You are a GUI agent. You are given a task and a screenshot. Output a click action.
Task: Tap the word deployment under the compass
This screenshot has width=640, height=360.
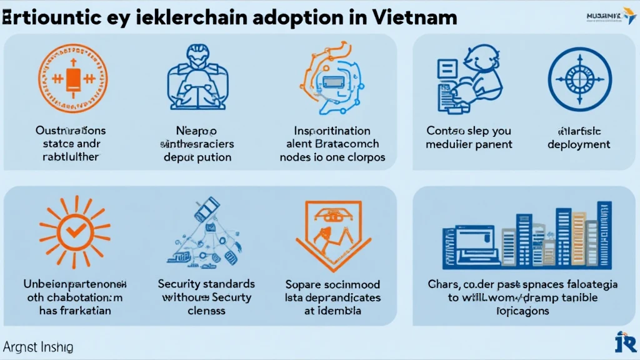click(579, 144)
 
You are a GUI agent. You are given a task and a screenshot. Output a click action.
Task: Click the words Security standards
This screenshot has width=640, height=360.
click(206, 284)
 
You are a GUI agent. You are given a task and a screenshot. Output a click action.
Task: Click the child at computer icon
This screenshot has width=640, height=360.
click(466, 78)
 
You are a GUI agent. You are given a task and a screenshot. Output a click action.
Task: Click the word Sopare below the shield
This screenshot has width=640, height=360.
click(302, 284)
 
